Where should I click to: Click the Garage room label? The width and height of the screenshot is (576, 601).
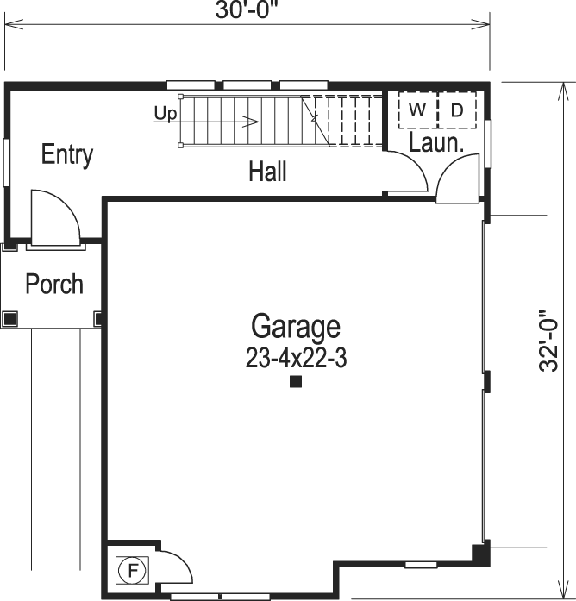[x=295, y=327]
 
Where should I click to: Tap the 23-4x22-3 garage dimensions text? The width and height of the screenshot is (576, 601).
[x=295, y=358]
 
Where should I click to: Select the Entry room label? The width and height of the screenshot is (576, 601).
[x=67, y=155]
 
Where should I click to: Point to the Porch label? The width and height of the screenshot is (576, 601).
[x=54, y=284]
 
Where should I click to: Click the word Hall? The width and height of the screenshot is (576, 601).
[x=267, y=172]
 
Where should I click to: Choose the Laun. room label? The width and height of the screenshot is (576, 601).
[x=436, y=143]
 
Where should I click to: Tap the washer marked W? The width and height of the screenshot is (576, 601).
[x=417, y=110]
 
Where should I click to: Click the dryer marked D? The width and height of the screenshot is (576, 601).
[x=457, y=110]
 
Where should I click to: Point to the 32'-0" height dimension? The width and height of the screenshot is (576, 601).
[x=551, y=341]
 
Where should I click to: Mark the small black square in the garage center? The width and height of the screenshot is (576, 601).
[x=295, y=382]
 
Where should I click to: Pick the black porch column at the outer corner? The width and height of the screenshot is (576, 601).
[x=9, y=318]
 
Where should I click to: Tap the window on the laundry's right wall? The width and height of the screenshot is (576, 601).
[x=488, y=142]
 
